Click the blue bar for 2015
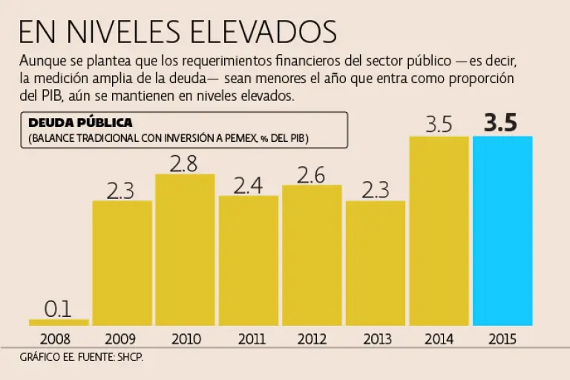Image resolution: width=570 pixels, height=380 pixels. [502, 230]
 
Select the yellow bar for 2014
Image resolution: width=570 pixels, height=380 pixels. [439, 230]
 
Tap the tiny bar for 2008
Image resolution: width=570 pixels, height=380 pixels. [59, 322]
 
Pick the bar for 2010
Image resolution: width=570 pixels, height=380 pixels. [185, 249]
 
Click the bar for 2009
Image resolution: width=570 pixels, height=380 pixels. [122, 263]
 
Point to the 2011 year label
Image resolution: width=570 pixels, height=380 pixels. [249, 340]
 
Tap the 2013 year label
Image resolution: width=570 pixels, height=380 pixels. [376, 340]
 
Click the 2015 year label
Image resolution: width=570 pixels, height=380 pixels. [502, 340]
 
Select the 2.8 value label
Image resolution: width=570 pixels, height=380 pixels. [183, 163]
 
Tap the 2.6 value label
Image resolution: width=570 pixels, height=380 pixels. [311, 174]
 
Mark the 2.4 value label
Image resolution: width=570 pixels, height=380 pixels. [248, 185]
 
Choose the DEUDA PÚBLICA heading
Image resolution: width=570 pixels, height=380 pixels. [80, 123]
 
